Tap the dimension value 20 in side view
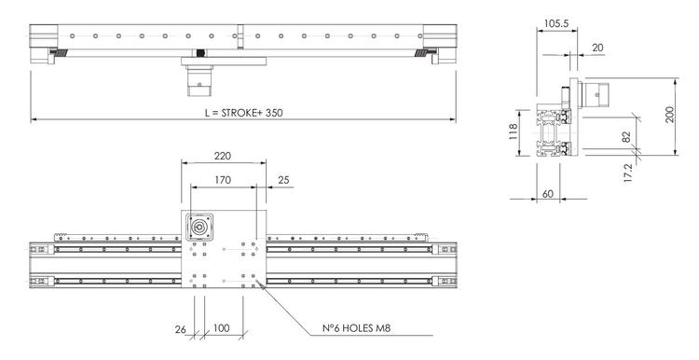click(596, 47)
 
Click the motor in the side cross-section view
click(597, 93)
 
